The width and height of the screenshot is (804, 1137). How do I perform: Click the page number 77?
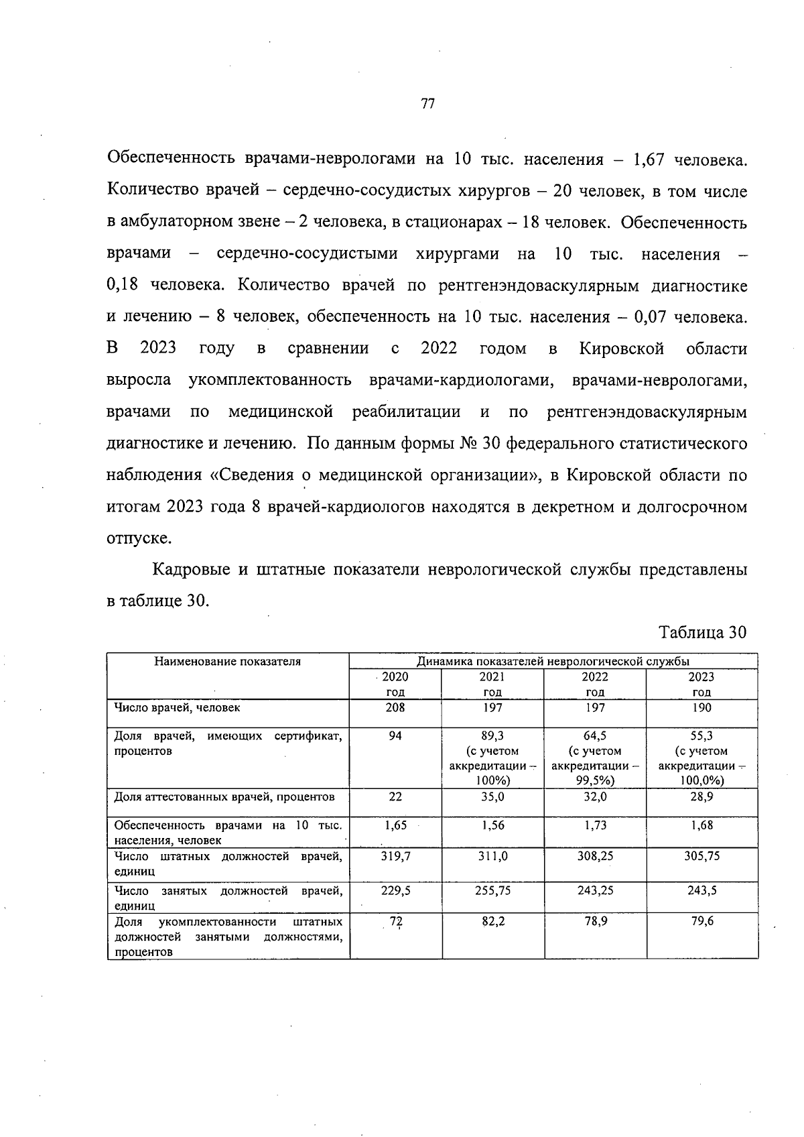click(x=427, y=104)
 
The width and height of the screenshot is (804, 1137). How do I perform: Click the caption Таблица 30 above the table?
click(x=702, y=632)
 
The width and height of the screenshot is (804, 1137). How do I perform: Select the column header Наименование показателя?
click(x=228, y=662)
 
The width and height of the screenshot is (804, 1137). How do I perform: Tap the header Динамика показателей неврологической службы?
click(x=553, y=662)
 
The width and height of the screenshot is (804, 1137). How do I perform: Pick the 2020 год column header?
click(x=395, y=684)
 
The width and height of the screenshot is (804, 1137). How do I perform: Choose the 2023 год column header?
click(x=701, y=684)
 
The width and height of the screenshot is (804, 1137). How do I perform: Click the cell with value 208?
click(x=395, y=707)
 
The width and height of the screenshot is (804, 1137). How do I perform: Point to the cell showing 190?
click(x=701, y=707)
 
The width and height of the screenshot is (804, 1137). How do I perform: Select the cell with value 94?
click(x=395, y=736)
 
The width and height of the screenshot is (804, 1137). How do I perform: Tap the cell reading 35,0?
click(x=492, y=797)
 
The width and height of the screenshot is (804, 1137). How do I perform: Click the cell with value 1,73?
click(x=595, y=825)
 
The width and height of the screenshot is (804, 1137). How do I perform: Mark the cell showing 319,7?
click(x=395, y=856)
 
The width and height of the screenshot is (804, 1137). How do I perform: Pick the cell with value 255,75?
click(x=492, y=890)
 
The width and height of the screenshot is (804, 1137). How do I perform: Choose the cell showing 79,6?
click(x=701, y=922)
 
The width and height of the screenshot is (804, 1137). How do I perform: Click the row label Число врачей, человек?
click(x=177, y=707)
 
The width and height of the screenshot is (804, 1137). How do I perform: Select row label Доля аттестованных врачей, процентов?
click(x=224, y=797)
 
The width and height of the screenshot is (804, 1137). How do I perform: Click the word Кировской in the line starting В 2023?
click(x=621, y=349)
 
